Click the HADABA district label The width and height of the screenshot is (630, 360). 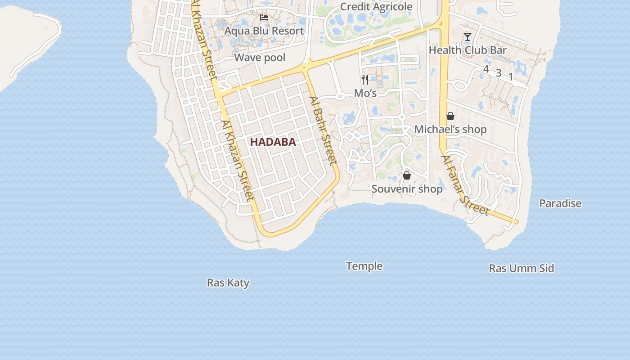tap(273, 142)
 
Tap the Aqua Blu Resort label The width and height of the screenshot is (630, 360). tap(264, 31)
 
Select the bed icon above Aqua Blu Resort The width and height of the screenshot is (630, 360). tap(264, 18)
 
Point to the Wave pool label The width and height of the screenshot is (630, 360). tap(260, 58)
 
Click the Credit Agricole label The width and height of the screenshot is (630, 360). tap(376, 7)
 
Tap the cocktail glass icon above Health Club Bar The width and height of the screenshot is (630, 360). tap(468, 37)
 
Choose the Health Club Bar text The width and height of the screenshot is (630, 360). tap(468, 50)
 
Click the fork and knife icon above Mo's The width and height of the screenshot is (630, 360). tap(365, 80)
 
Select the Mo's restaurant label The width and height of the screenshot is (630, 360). tap(365, 93)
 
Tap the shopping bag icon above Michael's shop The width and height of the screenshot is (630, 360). tap(450, 116)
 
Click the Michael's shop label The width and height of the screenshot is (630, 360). tap(450, 130)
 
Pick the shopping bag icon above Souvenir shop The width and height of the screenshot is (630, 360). tap(407, 175)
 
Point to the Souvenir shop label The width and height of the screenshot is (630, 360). tap(407, 189)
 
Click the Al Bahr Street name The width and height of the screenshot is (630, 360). tap(323, 130)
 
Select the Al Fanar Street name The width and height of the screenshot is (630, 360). tap(465, 185)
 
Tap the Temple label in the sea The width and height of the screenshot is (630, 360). tap(364, 266)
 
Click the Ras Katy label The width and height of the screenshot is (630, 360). tap(228, 283)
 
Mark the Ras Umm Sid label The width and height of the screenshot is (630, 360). tap(522, 268)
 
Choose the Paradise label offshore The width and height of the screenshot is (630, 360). tap(560, 203)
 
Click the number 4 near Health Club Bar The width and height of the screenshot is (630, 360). tap(486, 69)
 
